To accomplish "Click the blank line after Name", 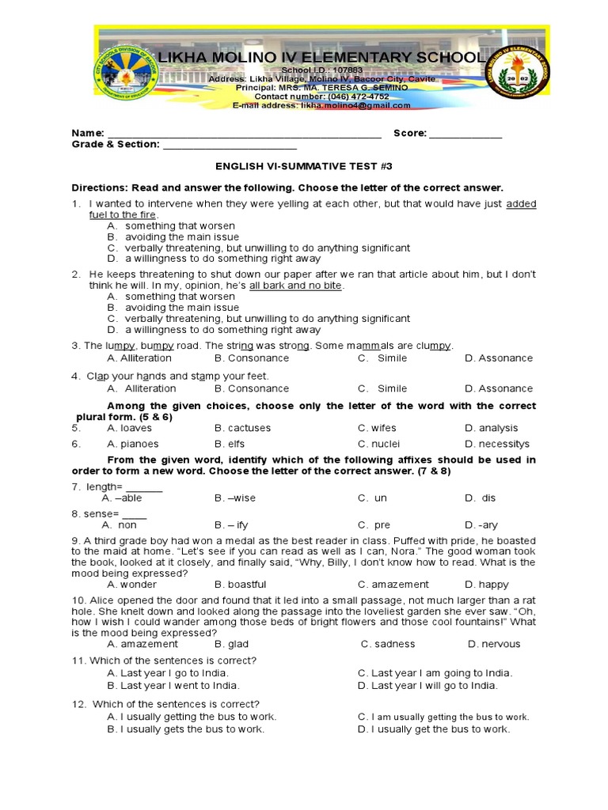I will (244, 134).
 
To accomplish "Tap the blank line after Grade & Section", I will (230, 145).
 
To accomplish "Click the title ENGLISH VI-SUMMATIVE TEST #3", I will (304, 167).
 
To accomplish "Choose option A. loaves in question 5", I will (129, 428).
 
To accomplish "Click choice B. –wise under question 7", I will (235, 498).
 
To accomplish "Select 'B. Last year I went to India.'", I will (173, 686).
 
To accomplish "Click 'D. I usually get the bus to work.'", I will (434, 729).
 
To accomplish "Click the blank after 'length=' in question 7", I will (144, 486).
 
